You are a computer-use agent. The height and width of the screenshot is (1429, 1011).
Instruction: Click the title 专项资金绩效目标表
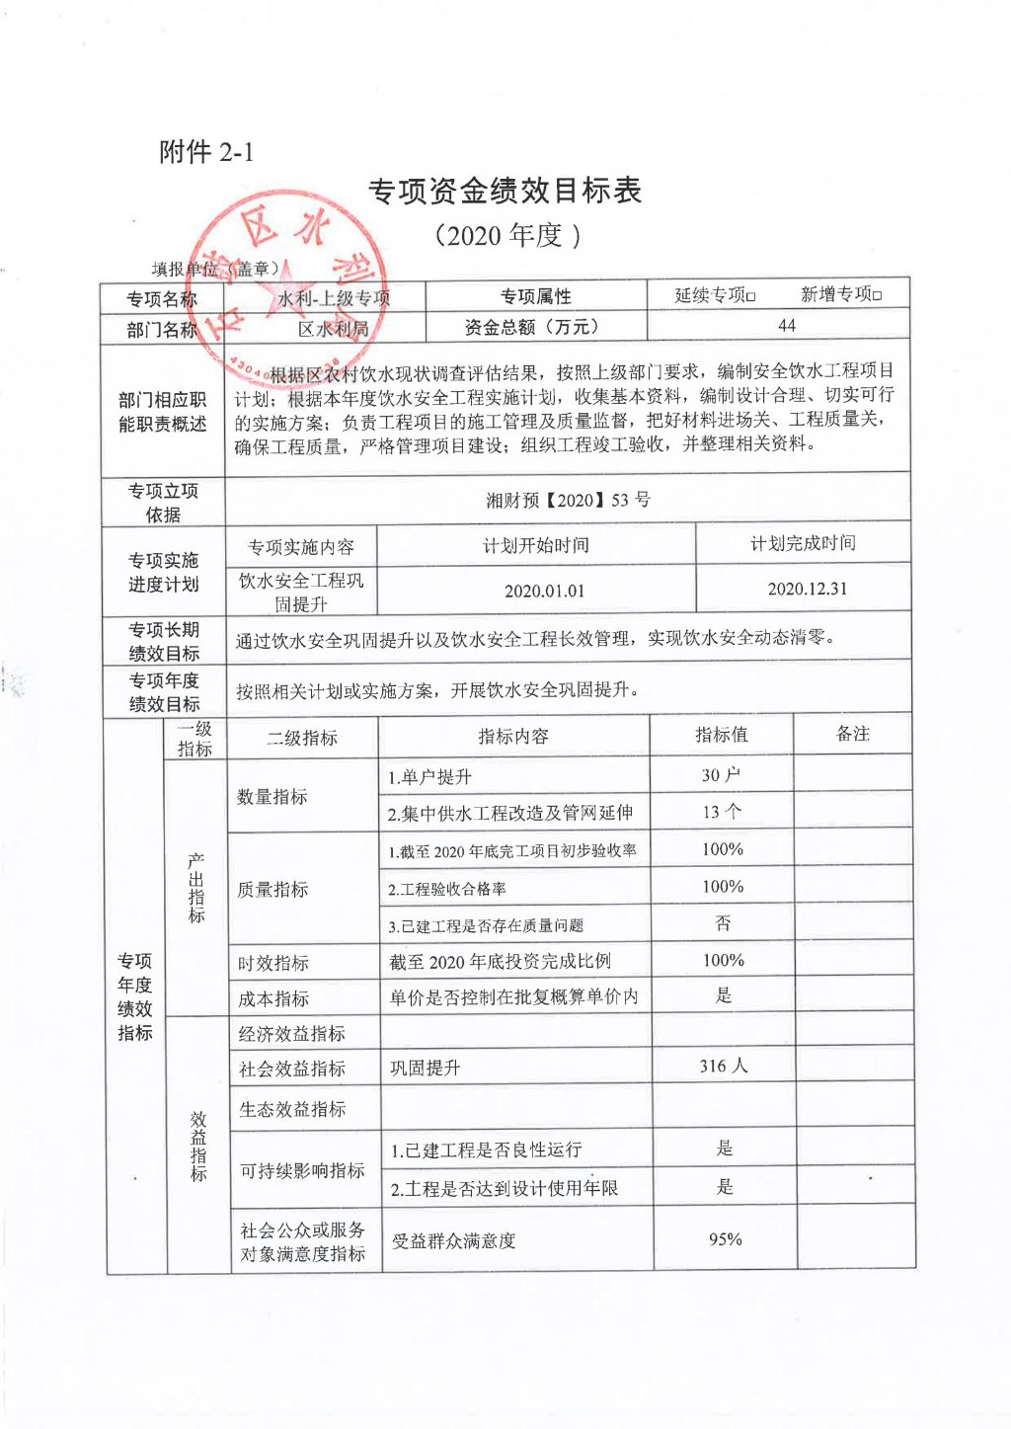tap(505, 191)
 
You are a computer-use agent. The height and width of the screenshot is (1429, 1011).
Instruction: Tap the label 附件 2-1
tap(206, 152)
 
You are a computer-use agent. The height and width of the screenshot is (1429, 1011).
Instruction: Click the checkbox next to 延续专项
tap(751, 296)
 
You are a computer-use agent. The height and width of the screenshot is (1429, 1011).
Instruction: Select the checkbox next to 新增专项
tap(878, 295)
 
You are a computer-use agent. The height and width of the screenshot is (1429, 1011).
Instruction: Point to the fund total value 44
tap(786, 326)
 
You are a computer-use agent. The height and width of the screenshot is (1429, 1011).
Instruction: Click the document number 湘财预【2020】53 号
tap(568, 500)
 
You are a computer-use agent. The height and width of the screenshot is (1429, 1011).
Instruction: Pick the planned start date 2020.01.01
tap(544, 591)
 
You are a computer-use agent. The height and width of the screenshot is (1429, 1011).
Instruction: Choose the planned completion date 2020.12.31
tap(807, 589)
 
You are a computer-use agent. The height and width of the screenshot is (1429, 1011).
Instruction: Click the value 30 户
tap(721, 775)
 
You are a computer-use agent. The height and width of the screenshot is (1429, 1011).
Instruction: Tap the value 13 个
tap(721, 812)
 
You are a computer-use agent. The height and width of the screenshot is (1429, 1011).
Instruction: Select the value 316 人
tap(724, 1066)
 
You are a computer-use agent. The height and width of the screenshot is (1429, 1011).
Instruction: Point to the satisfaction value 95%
tap(725, 1239)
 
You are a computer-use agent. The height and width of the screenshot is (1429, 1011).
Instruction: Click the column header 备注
tap(852, 734)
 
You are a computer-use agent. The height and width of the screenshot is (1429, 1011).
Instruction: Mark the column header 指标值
tap(721, 735)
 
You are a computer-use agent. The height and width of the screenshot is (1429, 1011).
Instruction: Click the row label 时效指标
tap(272, 963)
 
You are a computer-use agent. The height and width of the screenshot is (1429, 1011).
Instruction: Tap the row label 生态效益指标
tap(292, 1109)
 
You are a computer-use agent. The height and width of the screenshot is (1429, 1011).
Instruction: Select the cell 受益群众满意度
tap(453, 1241)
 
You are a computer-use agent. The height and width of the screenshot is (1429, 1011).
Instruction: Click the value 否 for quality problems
tap(723, 923)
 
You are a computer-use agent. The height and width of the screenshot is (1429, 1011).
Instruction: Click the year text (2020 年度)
tap(506, 235)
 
